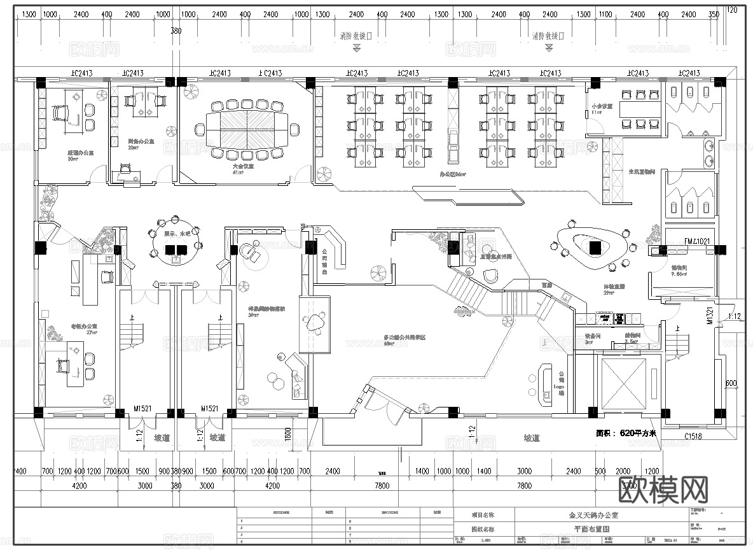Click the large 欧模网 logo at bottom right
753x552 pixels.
click(x=663, y=490)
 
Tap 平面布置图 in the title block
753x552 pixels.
click(x=592, y=528)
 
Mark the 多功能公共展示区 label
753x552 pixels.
click(x=404, y=337)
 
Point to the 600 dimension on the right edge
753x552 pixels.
click(x=731, y=383)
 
